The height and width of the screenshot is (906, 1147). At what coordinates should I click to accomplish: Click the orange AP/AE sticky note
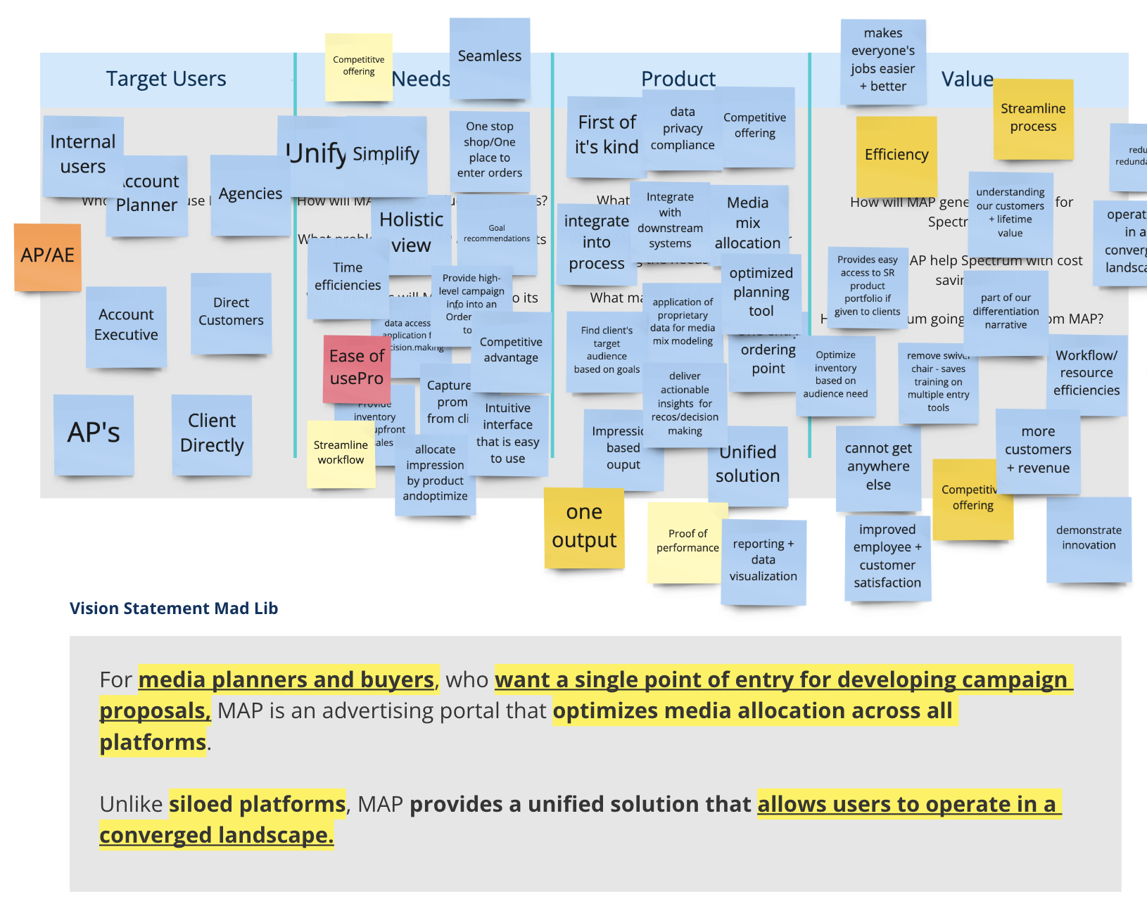(48, 256)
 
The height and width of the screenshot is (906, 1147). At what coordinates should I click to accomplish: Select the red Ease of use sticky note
(357, 368)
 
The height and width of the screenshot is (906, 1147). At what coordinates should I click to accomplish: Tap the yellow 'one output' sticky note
(584, 527)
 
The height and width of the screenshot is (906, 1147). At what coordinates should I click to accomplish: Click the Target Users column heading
(166, 79)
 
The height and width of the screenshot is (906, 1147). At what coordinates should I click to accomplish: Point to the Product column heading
(678, 79)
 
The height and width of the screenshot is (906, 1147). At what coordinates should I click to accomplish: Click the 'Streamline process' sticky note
(1033, 118)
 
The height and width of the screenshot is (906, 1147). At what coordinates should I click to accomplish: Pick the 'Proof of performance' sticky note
(687, 542)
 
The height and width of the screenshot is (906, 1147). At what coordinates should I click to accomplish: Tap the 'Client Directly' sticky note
(212, 433)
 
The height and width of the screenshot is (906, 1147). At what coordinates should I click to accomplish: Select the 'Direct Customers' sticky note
(231, 312)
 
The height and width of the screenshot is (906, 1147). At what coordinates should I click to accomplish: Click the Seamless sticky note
(490, 57)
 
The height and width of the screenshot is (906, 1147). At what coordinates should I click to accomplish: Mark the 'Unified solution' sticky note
(748, 465)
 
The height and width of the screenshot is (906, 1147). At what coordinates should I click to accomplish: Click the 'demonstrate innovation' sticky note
(1089, 538)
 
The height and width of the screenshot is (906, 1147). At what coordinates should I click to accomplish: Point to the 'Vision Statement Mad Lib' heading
(174, 608)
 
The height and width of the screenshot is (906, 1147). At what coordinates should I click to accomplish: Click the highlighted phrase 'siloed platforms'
(257, 804)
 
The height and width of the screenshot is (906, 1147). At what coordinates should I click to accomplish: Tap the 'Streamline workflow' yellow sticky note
(341, 454)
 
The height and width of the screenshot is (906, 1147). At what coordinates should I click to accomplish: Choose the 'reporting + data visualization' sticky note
(763, 561)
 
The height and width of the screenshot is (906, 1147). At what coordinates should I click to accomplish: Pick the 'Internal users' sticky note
(83, 155)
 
